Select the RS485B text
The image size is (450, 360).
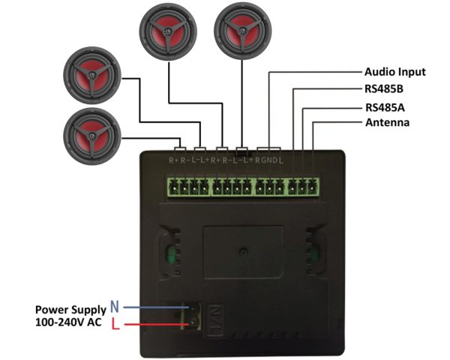pos(384,89)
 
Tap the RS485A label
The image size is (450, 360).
pos(384,106)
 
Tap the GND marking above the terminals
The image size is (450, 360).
pos(270,160)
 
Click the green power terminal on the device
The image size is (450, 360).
pos(194,316)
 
